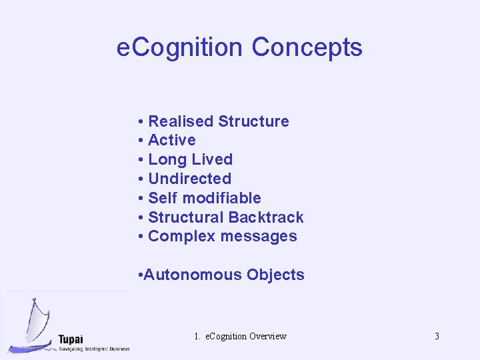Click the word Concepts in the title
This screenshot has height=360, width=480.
307,47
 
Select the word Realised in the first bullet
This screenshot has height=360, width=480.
181,121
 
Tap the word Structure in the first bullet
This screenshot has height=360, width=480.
253,121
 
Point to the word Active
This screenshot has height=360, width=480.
172,140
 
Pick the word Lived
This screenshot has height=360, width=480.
212,159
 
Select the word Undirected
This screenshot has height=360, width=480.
189,179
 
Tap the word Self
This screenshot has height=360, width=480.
163,198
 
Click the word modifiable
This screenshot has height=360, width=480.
221,198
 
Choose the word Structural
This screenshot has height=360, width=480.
186,217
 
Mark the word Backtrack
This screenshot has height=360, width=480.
266,217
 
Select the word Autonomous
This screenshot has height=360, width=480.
193,275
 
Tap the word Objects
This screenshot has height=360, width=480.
275,275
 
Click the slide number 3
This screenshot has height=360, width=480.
437,336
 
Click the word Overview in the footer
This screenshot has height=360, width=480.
267,336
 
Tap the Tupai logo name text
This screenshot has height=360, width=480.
71,338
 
